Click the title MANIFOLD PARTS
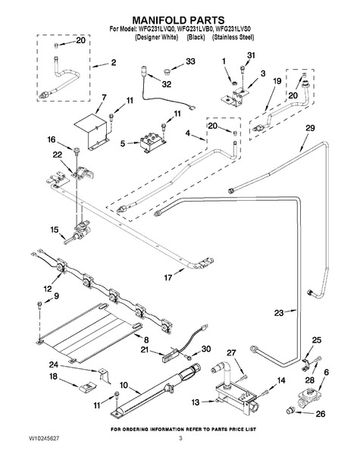tap(178, 20)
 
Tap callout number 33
tap(190, 61)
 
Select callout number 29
tap(310, 128)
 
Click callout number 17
tap(168, 277)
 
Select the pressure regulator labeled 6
tap(309, 398)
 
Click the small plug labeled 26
tap(290, 411)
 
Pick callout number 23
tap(279, 313)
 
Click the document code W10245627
tap(44, 439)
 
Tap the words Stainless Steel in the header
tap(233, 37)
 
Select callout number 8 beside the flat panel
tap(146, 339)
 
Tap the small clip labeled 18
tap(87, 387)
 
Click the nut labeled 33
tap(167, 72)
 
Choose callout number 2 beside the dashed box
tap(113, 62)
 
